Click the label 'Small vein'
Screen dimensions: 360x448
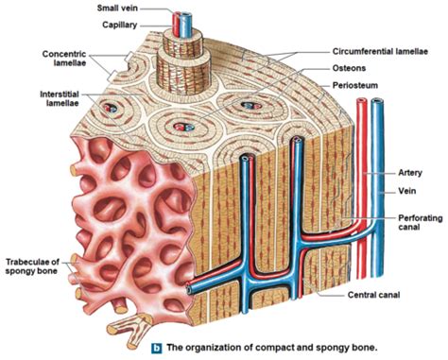pos(123,8)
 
